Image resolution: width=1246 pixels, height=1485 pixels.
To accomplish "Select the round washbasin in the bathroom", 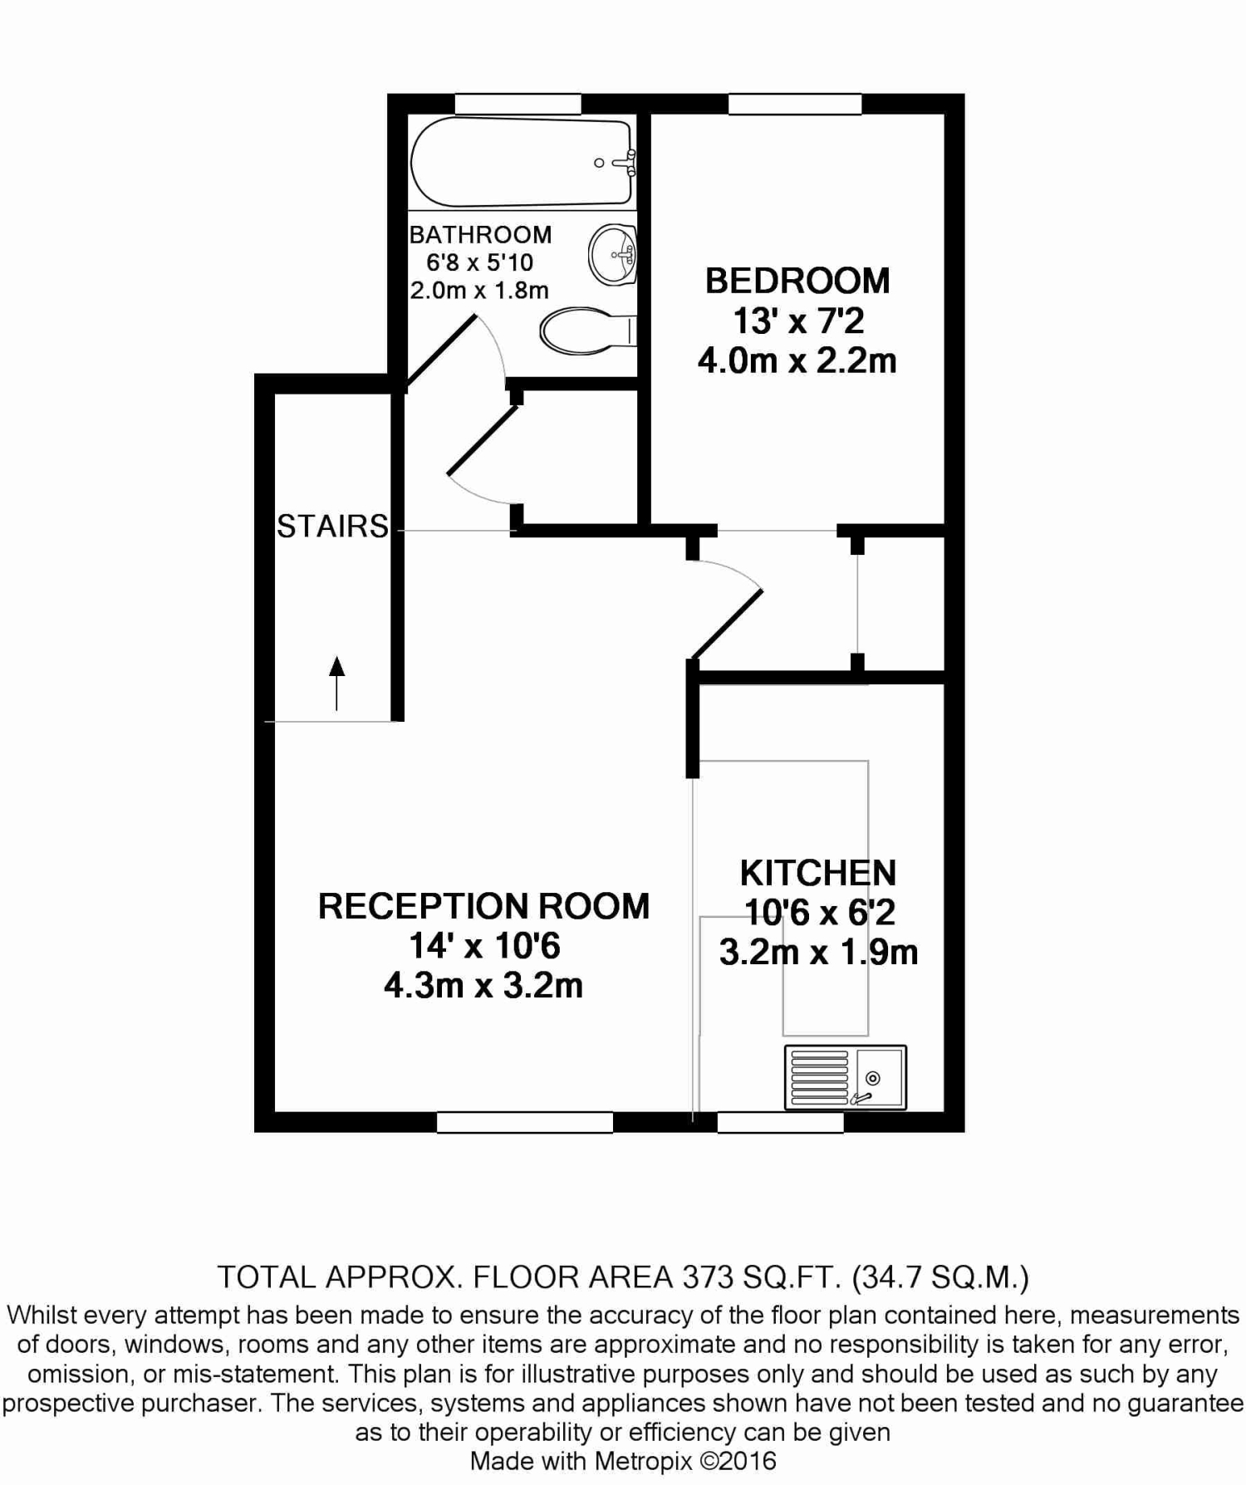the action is tap(613, 254).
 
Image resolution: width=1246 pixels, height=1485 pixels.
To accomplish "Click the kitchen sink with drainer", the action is tap(845, 1077).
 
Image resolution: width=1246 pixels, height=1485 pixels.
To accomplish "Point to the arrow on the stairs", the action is tap(336, 683).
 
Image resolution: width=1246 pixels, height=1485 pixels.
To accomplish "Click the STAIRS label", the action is tap(332, 526).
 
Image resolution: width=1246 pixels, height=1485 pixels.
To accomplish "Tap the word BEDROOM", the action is tap(797, 281).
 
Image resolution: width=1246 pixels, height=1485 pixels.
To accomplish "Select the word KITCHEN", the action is tap(818, 873).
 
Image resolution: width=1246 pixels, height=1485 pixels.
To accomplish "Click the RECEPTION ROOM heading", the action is tap(483, 906).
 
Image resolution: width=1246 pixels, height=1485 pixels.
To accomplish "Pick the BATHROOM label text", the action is tap(480, 234).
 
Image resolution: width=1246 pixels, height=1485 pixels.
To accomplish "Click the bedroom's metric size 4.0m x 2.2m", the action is tap(797, 360).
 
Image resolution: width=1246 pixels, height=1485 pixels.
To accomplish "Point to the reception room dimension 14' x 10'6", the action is tap(484, 946).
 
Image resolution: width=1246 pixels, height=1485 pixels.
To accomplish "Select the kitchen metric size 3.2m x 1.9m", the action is tap(818, 952).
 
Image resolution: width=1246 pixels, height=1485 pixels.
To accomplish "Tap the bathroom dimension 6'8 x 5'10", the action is tap(479, 262).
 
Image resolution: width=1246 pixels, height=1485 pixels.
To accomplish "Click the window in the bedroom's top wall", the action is tap(795, 104).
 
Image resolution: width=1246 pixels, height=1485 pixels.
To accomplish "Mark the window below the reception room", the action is tap(525, 1122).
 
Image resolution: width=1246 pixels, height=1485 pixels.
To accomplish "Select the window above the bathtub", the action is tap(518, 104).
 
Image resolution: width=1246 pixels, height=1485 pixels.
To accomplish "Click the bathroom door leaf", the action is tap(440, 351).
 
